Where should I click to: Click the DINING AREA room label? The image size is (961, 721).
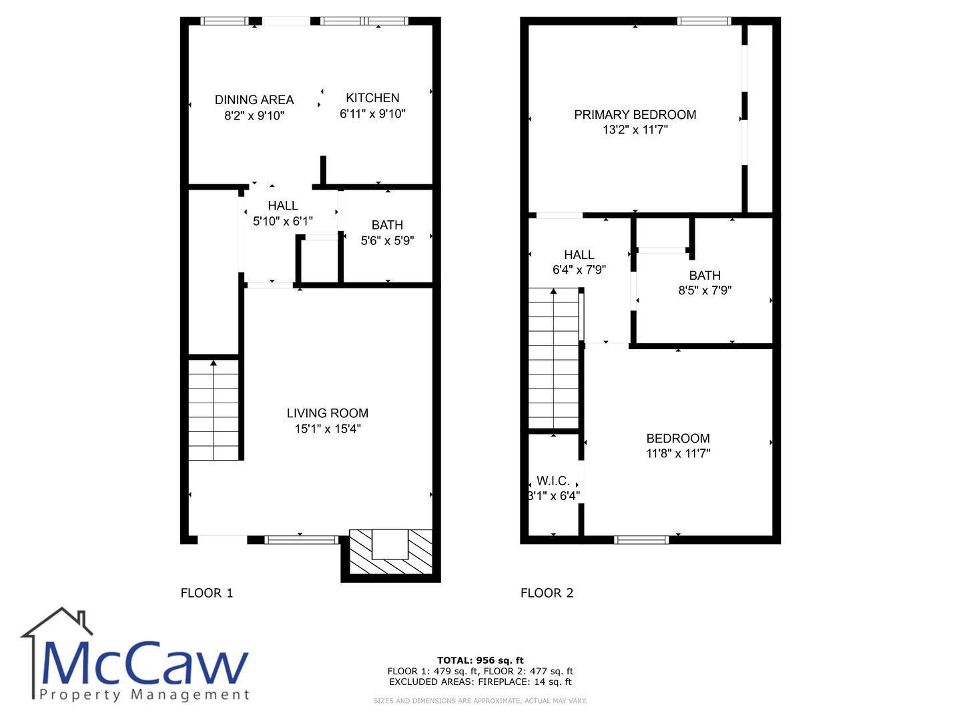point(254,100)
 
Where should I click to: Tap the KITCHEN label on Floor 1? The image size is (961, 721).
point(372,97)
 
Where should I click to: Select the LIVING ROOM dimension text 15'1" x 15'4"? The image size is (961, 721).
point(328,429)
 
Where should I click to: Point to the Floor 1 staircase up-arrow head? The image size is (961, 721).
point(213,363)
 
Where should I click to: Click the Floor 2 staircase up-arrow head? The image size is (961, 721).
point(553,290)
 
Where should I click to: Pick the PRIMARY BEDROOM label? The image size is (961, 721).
point(635,115)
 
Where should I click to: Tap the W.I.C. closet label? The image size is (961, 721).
point(553,481)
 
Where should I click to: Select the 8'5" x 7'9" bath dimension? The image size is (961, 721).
point(705,290)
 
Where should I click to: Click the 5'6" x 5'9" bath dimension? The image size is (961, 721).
point(387,240)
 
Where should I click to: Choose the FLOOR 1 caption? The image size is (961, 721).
point(207,593)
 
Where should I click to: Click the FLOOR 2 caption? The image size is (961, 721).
point(547,593)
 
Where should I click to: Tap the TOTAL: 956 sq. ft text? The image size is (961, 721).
point(480,660)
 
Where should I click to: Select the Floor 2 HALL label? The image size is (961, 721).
point(579,255)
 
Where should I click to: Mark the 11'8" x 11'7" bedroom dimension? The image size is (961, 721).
point(678,453)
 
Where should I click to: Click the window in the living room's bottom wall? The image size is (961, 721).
point(301,541)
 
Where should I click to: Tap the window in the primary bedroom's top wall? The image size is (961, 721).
point(704,21)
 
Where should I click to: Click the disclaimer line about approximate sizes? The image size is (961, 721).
point(480,701)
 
